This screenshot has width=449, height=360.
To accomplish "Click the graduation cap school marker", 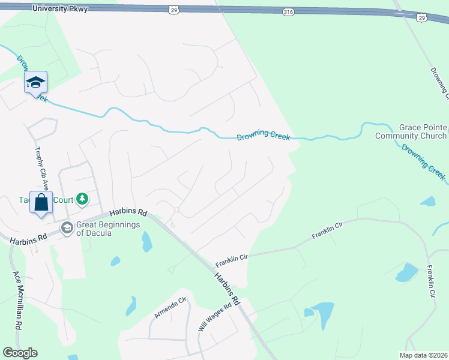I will pos(35,82).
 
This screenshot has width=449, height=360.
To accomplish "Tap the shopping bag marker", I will pos(41,202).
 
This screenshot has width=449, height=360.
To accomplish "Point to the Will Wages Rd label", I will pos(214,318).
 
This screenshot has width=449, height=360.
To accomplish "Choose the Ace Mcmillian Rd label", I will pos(18,300).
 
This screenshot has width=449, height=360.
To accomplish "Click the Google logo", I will pos(20,353).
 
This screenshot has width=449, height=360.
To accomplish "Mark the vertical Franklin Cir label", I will pos(430,282).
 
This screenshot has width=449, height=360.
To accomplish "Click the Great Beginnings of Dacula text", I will pos(109,229).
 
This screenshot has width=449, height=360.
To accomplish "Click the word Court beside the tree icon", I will pos(62,199).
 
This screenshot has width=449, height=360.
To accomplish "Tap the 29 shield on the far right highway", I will pos(422,19).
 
